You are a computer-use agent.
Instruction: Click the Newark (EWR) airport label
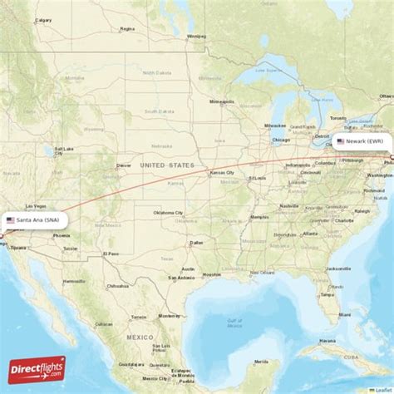pos(366,142)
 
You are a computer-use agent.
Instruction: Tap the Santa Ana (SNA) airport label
pos(37,219)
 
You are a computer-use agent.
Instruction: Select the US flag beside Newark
pos(341,142)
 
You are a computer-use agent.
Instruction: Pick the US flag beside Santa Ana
pos(10,219)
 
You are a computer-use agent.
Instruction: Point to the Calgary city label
pos(43,20)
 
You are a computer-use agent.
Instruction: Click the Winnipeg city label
pos(196,36)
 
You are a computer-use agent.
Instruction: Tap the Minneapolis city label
pos(222,101)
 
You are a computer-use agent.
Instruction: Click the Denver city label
pos(124,165)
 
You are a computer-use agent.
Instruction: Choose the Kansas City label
pos(222,173)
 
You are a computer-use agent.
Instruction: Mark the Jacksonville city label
pos(337,268)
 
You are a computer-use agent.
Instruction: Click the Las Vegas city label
pos(35,205)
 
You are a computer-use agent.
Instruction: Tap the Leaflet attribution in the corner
pos(382,390)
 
